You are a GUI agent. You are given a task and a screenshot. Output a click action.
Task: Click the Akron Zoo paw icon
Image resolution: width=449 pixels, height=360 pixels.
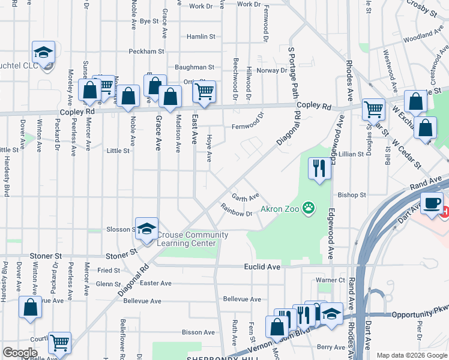tap(309, 209)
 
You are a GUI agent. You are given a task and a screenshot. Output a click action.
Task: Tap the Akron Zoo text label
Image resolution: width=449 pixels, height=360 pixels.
tap(280, 210)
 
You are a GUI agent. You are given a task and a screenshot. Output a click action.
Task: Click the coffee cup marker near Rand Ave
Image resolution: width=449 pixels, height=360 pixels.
tap(432, 203)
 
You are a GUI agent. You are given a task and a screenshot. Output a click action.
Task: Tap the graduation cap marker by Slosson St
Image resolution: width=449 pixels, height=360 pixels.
tap(146, 229)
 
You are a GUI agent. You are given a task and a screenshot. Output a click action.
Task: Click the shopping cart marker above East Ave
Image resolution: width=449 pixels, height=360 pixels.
tap(204, 92)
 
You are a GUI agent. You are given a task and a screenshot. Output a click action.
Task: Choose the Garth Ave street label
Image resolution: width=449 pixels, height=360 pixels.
tap(246, 196)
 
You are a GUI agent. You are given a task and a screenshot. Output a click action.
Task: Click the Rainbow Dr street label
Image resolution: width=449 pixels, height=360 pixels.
tap(236, 212)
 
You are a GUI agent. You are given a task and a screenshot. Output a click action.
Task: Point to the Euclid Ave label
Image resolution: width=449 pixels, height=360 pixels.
tap(262, 266)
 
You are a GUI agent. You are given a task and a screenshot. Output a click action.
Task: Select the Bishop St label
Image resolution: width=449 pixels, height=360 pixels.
tap(351, 195)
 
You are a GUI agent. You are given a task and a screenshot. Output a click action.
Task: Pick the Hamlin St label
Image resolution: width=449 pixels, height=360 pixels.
tap(200, 37)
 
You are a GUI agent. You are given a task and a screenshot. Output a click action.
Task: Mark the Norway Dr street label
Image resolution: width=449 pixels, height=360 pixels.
tap(272, 70)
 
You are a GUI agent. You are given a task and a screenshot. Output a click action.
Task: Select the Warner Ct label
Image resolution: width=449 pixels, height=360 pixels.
tap(333, 280)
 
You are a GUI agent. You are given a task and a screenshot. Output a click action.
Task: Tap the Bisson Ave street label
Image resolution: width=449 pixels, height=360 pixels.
tap(198, 332)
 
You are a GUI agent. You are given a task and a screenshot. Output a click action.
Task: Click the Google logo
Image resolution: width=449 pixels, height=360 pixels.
tap(20, 352)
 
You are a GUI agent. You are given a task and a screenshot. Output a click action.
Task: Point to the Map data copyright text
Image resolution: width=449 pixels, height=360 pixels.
tap(412, 355)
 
